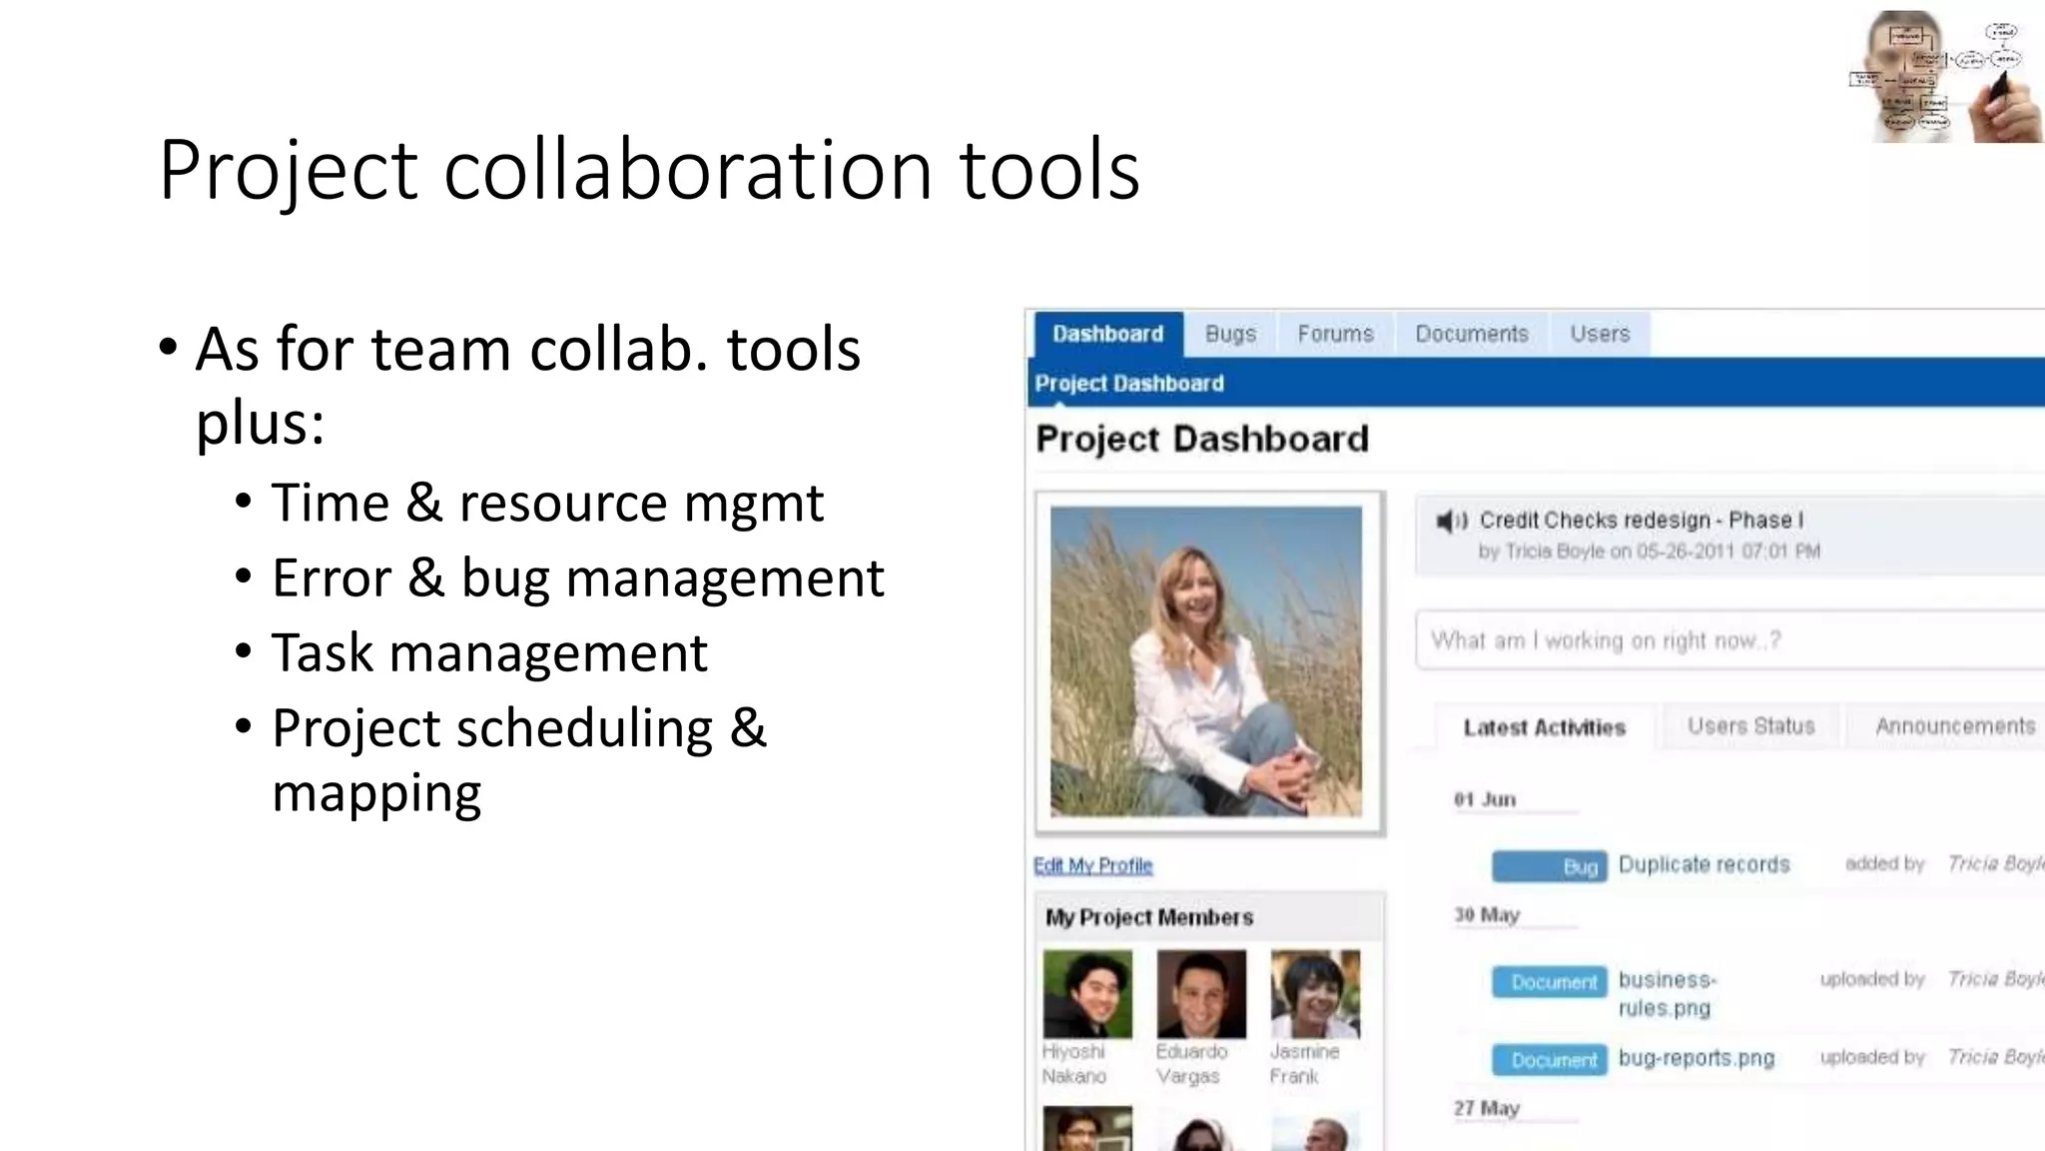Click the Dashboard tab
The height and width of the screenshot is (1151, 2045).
coord(1107,334)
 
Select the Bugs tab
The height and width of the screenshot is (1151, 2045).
coord(1230,334)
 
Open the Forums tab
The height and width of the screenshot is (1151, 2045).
coord(1335,334)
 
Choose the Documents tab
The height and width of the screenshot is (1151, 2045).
coord(1471,334)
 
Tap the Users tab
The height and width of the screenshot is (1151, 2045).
coord(1599,334)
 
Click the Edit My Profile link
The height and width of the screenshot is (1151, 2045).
coord(1092,865)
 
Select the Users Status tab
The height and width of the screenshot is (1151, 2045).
coord(1750,726)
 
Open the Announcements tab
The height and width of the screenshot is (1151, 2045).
coord(1954,726)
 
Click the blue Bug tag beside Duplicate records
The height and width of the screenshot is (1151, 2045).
coord(1549,866)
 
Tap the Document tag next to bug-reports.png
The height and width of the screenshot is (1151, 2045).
coord(1549,1060)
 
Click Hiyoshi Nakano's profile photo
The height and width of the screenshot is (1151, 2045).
coord(1087,994)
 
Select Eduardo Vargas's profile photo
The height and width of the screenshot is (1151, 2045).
coord(1201,994)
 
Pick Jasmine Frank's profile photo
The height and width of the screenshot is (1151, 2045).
coord(1315,994)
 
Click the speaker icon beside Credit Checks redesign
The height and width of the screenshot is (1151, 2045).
coord(1450,521)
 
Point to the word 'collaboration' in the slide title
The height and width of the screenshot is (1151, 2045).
coord(688,170)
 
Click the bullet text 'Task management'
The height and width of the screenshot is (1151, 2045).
coord(489,653)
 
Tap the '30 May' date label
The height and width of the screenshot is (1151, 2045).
coord(1486,914)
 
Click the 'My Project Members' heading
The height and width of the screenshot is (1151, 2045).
coord(1148,917)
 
